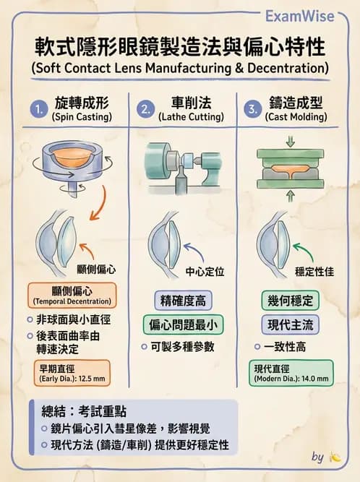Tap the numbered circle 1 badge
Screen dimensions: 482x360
tap(38, 109)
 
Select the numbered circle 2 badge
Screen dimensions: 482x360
tap(146, 110)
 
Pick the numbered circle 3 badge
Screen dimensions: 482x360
tap(252, 110)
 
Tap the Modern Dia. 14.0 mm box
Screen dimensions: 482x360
tap(291, 373)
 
